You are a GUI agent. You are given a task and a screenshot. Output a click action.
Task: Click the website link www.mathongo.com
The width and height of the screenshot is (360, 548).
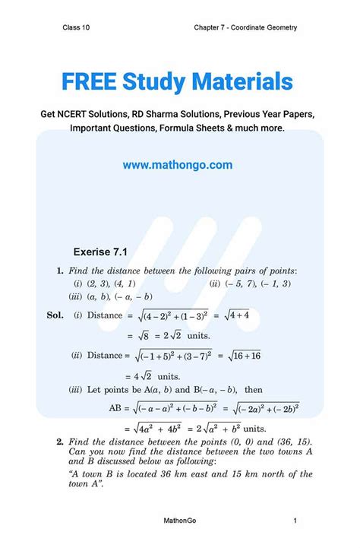coord(177,164)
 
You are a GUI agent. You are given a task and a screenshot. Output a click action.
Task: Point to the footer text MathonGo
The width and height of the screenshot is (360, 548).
coord(180,521)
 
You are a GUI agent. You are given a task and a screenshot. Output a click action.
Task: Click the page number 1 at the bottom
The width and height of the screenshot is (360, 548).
coord(295,521)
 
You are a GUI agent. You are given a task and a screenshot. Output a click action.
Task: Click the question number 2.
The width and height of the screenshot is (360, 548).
coord(60,441)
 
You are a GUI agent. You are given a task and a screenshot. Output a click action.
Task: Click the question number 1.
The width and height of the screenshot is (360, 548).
coord(60,270)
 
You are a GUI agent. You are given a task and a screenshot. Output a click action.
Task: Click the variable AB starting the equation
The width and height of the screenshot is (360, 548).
coord(118,408)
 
